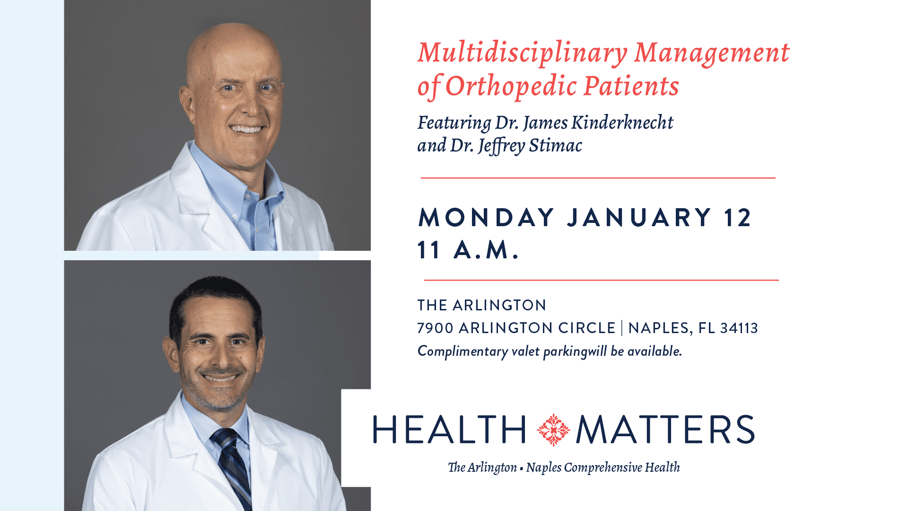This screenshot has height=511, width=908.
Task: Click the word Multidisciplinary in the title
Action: pos(522,53)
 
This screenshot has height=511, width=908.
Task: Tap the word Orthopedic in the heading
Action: pos(511,87)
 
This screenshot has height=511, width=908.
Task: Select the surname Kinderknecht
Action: pos(622,123)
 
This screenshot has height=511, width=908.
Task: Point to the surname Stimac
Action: pos(555,145)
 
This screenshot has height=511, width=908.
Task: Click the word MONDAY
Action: pos(486,218)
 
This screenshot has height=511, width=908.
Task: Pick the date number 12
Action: pos(737,218)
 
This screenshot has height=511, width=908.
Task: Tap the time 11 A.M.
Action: pos(468,250)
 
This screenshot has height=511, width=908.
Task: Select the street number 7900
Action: pos(435,328)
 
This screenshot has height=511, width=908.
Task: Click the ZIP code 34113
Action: pos(739,328)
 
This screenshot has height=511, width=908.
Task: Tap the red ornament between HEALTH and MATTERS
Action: pos(553,430)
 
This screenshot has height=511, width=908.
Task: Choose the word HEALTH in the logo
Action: pos(449,430)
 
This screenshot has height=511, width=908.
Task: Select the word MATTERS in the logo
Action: pos(665,430)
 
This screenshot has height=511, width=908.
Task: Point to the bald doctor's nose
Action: pos(247,104)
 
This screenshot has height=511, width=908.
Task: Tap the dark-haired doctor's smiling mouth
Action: pos(219,378)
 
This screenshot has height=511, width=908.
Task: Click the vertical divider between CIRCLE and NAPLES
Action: pos(622,328)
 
